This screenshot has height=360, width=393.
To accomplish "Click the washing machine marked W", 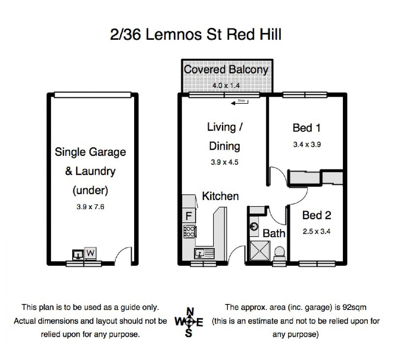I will pos(90,253).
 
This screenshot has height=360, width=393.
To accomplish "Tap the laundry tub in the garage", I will pos(77,254).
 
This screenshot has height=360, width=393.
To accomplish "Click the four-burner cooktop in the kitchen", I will pos(189,231).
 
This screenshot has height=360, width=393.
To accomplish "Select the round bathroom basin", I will pos(254,227).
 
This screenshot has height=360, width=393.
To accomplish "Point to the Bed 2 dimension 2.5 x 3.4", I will pos(315,231).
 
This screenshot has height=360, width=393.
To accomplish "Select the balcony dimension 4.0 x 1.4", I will pos(225,85).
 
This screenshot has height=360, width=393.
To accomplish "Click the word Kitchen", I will pos(221,196).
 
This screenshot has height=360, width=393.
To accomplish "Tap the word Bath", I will pos(274,233).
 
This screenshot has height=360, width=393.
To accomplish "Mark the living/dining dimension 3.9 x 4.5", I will pos(224,163).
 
